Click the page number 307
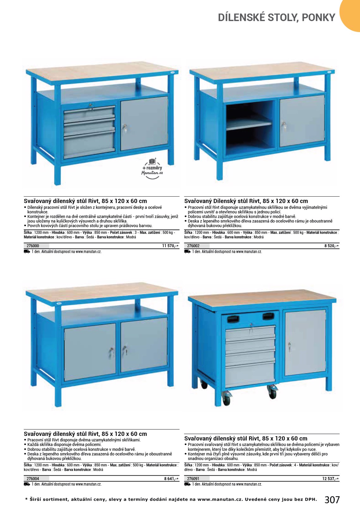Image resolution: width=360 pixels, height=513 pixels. click(332, 500)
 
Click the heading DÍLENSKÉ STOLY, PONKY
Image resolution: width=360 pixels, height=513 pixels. click(277, 17)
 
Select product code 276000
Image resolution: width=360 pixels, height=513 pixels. click(33, 246)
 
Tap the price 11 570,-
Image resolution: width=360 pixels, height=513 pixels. click(170, 246)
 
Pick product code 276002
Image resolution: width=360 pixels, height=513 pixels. click(193, 246)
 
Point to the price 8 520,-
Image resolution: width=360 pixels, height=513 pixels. click(331, 246)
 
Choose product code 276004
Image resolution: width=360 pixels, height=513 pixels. click(33, 479)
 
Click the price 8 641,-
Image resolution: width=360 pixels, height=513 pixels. click(171, 479)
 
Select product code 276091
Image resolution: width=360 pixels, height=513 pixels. click(193, 479)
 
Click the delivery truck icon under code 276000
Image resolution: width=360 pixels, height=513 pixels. click(27, 252)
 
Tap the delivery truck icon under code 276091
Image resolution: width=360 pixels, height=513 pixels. click(187, 484)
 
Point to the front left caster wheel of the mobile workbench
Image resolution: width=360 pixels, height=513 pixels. click(226, 398)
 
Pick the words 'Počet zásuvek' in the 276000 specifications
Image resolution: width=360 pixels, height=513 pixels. click(121, 233)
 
